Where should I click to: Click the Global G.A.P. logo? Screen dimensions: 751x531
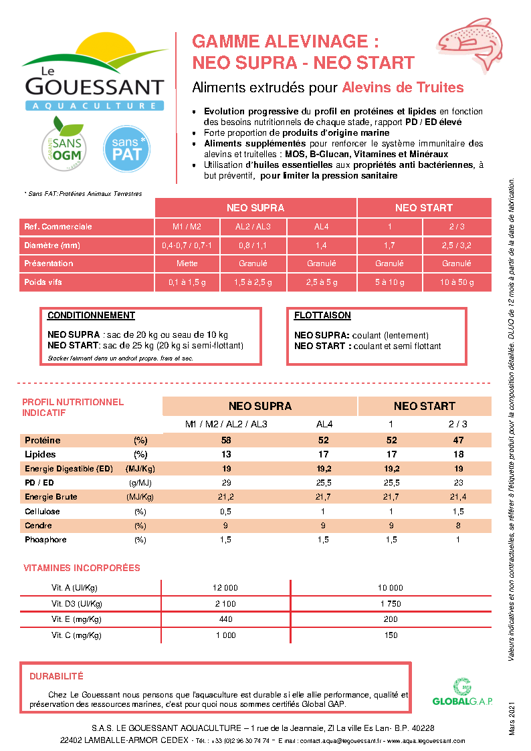pyautogui.click(x=462, y=692)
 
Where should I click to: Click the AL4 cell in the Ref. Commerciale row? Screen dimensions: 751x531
pyautogui.click(x=321, y=226)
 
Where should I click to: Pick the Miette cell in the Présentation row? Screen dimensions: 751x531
pyautogui.click(x=187, y=263)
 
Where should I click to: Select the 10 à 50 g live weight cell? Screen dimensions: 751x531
pyautogui.click(x=457, y=282)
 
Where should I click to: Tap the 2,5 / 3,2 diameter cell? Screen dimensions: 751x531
pyautogui.click(x=457, y=245)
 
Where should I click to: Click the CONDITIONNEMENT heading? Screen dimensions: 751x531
pyautogui.click(x=92, y=316)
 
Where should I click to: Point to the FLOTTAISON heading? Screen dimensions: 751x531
pyautogui.click(x=322, y=316)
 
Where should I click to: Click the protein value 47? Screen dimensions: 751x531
pyautogui.click(x=458, y=440)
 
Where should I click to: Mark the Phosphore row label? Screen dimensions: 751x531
pyautogui.click(x=45, y=540)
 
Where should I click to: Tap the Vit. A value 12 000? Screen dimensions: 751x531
pyautogui.click(x=225, y=588)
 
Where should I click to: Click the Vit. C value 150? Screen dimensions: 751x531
pyautogui.click(x=391, y=635)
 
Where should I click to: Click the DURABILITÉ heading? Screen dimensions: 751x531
pyautogui.click(x=56, y=677)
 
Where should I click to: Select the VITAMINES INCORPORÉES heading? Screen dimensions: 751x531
pyautogui.click(x=82, y=568)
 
